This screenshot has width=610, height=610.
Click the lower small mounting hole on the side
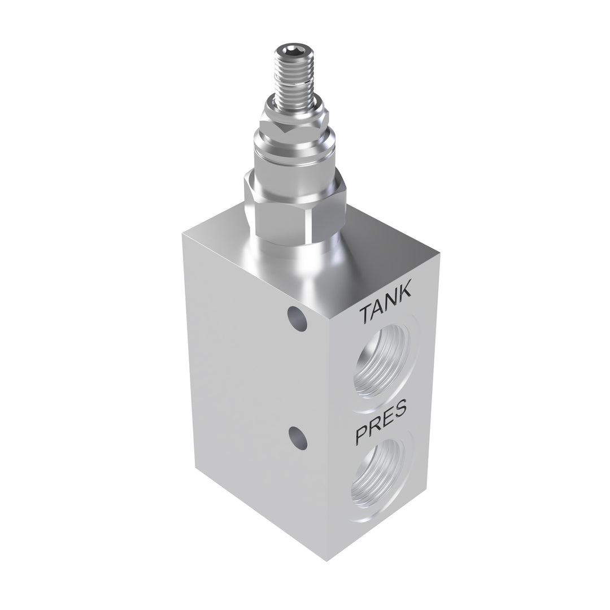[297, 438]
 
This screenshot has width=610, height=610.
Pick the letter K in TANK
[406, 295]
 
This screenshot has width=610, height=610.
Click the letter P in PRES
[361, 435]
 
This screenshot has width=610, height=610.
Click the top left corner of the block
[183, 234]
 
